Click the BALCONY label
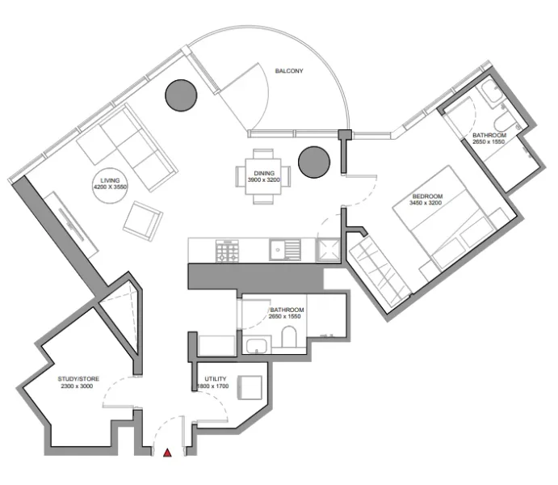pos(288,71)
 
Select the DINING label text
pos(264,173)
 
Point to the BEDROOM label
pos(426,196)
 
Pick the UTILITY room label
pos(216,379)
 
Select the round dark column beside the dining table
pos(313,162)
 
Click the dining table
pos(264,176)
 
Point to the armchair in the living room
pos(143,219)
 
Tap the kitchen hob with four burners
pos(226,252)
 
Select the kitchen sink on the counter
pos(284,251)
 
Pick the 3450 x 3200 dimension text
pos(426,204)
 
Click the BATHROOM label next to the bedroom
pos(489,135)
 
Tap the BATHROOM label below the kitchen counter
pos(287,310)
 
